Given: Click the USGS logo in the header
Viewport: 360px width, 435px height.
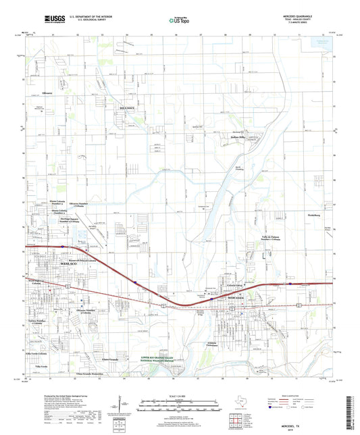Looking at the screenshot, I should click(51, 20).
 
